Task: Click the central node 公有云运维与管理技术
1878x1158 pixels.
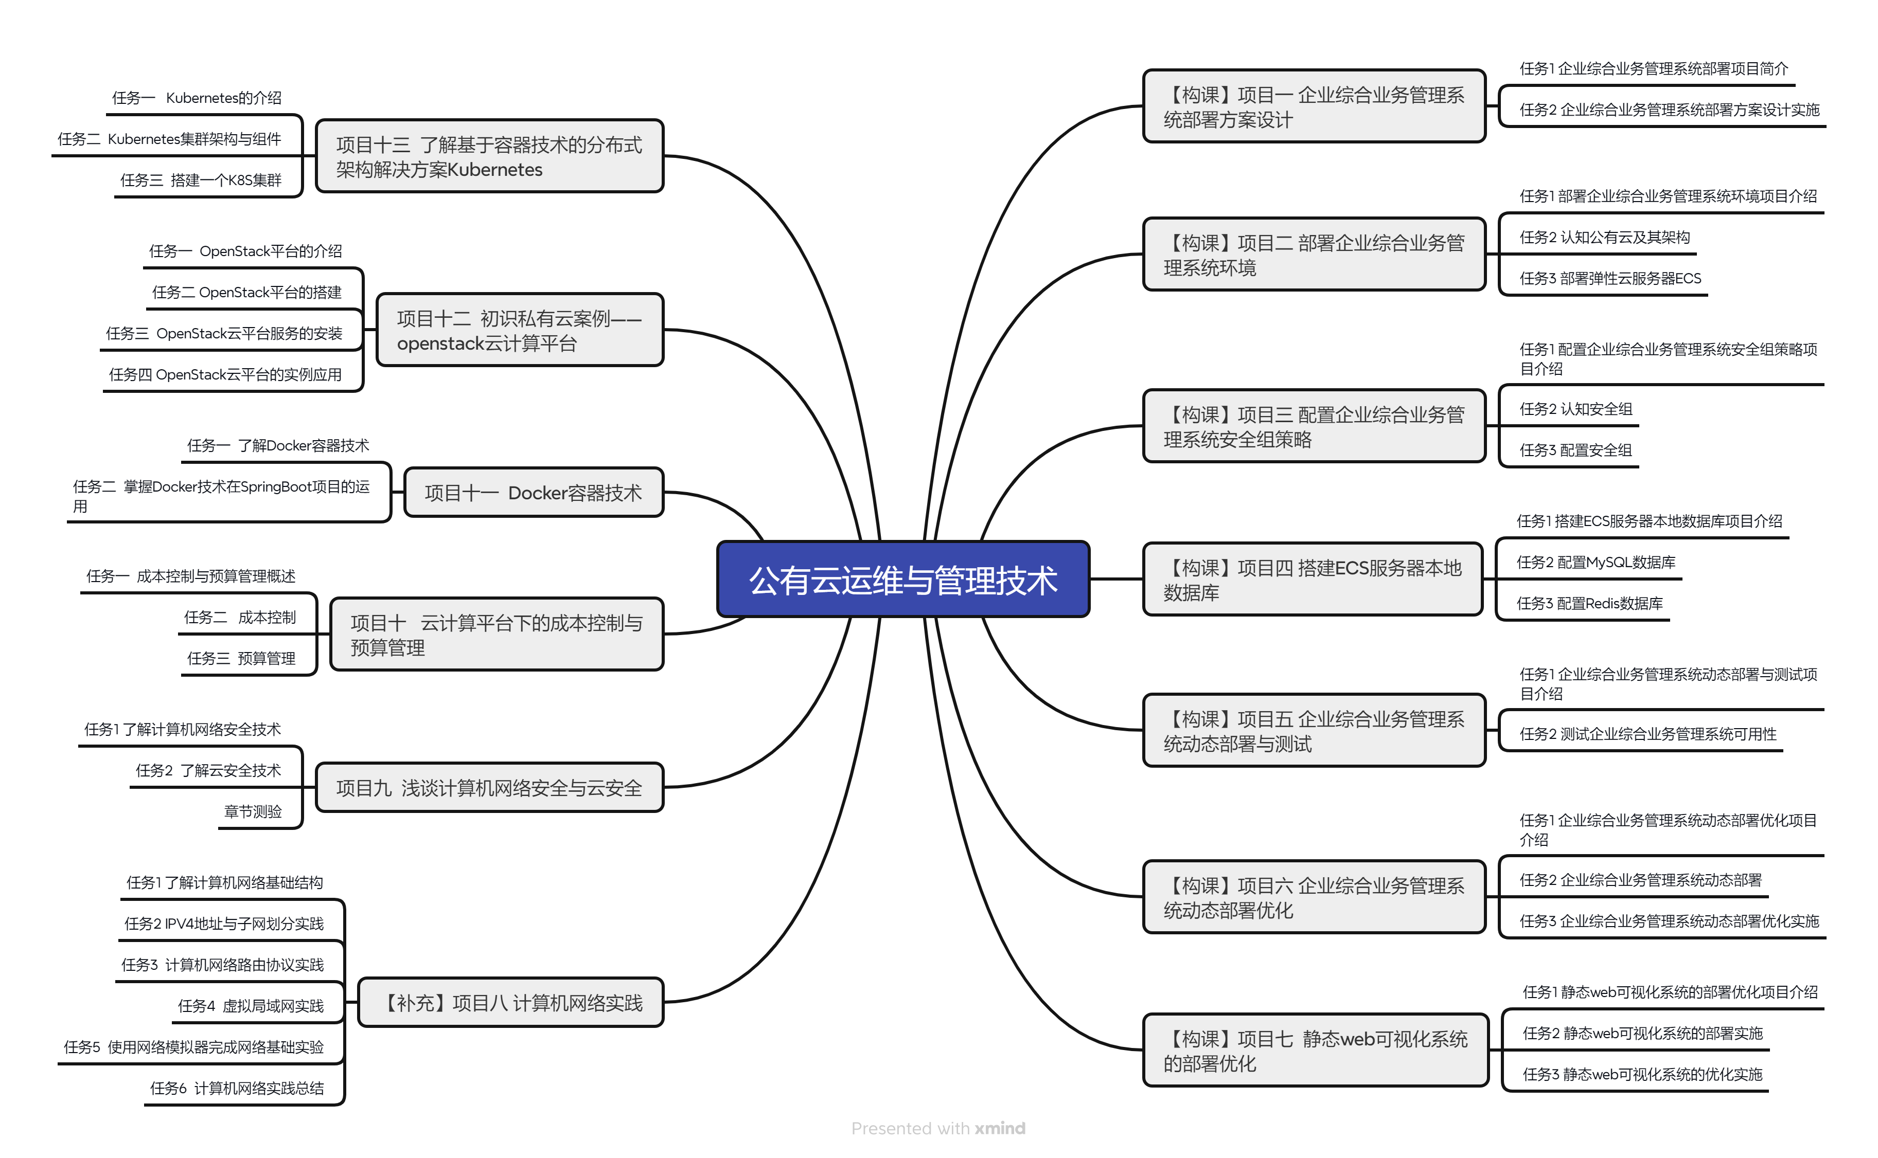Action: coord(902,580)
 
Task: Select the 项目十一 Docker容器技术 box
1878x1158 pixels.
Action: coord(533,493)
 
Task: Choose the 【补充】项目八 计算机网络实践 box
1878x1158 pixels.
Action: coord(511,1003)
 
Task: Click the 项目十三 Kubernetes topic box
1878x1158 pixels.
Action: coord(489,156)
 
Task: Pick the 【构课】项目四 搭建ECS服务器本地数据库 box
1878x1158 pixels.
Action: coord(1313,580)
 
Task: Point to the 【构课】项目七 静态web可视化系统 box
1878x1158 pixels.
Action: coord(1315,1051)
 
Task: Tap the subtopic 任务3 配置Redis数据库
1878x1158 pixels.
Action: coord(1589,604)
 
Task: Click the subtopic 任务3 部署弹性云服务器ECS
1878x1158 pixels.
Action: coord(1610,278)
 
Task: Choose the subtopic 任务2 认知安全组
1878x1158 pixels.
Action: coord(1575,409)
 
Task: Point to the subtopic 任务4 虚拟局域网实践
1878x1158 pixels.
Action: coord(251,1006)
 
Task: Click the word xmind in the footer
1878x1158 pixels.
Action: coord(1000,1128)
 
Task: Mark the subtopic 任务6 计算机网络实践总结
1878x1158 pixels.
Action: coord(237,1088)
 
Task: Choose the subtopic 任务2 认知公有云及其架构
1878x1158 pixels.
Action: coord(1604,238)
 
